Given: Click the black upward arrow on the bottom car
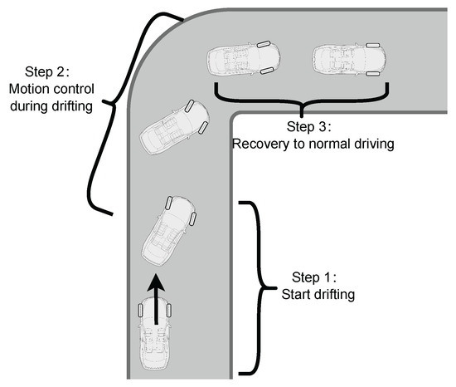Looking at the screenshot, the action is tap(156, 300).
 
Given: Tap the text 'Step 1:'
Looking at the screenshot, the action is tap(314, 277).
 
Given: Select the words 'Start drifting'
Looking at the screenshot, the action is tap(318, 294).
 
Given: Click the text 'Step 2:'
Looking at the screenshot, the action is tap(47, 71).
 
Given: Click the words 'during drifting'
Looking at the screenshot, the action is tap(51, 106).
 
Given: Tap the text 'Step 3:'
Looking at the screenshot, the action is tap(309, 127).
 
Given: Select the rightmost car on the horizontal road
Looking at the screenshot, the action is tap(349, 60).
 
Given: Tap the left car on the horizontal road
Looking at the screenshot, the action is tap(244, 59).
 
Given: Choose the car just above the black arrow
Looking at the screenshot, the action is tap(169, 230).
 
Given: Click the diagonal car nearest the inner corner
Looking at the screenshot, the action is tap(174, 127).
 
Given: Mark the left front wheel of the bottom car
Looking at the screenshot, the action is tap(141, 310).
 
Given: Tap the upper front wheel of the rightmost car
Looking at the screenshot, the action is tap(373, 46).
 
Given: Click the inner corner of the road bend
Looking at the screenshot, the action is tap(231, 113).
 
